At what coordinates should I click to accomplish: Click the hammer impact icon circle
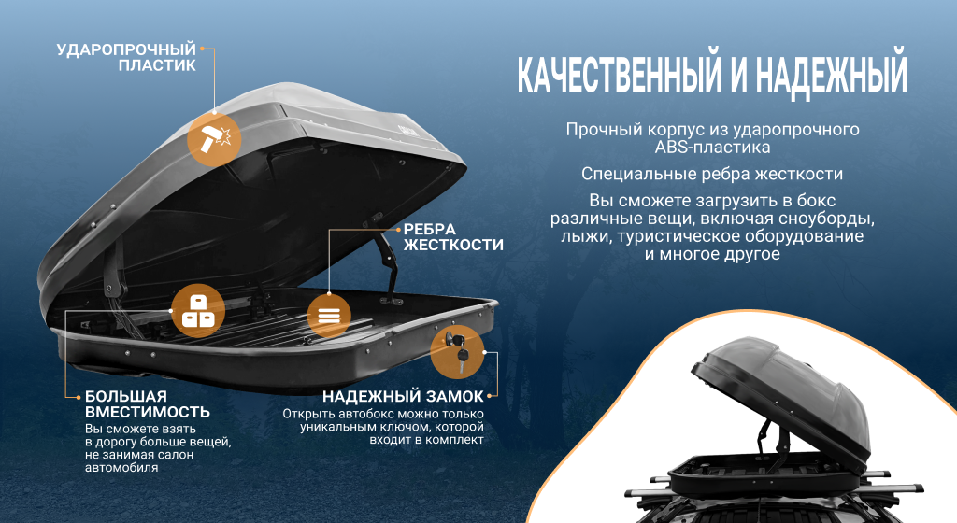[214, 139]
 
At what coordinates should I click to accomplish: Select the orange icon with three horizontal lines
[329, 315]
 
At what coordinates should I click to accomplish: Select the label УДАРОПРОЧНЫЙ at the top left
[126, 49]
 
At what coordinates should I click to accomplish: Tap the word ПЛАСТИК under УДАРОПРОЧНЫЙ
[157, 65]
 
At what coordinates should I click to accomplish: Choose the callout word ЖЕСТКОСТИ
[452, 246]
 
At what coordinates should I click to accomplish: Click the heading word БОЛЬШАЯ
[125, 395]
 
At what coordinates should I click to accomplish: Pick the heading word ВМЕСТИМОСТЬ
[147, 412]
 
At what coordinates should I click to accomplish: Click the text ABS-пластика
[712, 147]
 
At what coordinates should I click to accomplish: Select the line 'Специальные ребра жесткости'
[712, 174]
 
